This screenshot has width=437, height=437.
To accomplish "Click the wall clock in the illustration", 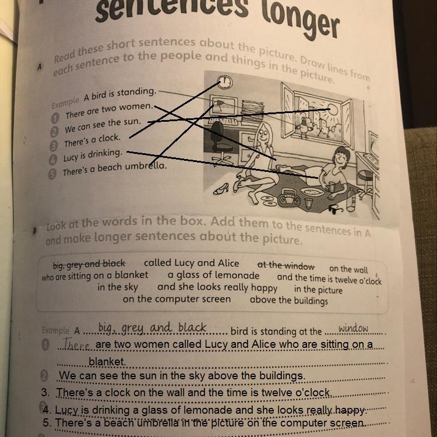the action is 225,82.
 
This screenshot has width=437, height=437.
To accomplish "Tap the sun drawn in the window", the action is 332,110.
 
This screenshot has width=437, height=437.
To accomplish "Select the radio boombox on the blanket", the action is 290,197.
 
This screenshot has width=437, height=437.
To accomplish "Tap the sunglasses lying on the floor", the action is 336,209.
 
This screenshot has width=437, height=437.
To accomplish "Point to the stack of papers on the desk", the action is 252,110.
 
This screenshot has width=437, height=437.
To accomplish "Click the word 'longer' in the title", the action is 301,22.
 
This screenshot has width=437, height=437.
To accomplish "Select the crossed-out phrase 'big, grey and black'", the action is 89,263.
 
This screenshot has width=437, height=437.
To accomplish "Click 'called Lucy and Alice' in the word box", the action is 192,263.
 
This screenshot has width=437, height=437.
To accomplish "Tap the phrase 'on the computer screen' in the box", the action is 177,299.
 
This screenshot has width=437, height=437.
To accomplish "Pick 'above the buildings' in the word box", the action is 289,300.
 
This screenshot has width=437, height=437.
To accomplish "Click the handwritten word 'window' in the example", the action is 353,328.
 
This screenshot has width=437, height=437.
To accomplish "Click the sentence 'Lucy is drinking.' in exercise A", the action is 93,155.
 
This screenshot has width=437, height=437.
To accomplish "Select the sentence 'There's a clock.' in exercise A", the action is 92,140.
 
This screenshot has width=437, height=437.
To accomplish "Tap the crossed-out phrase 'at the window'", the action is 286,266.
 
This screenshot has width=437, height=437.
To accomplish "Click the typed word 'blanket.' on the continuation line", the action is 107,361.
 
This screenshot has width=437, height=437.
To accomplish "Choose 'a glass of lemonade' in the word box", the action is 213,276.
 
